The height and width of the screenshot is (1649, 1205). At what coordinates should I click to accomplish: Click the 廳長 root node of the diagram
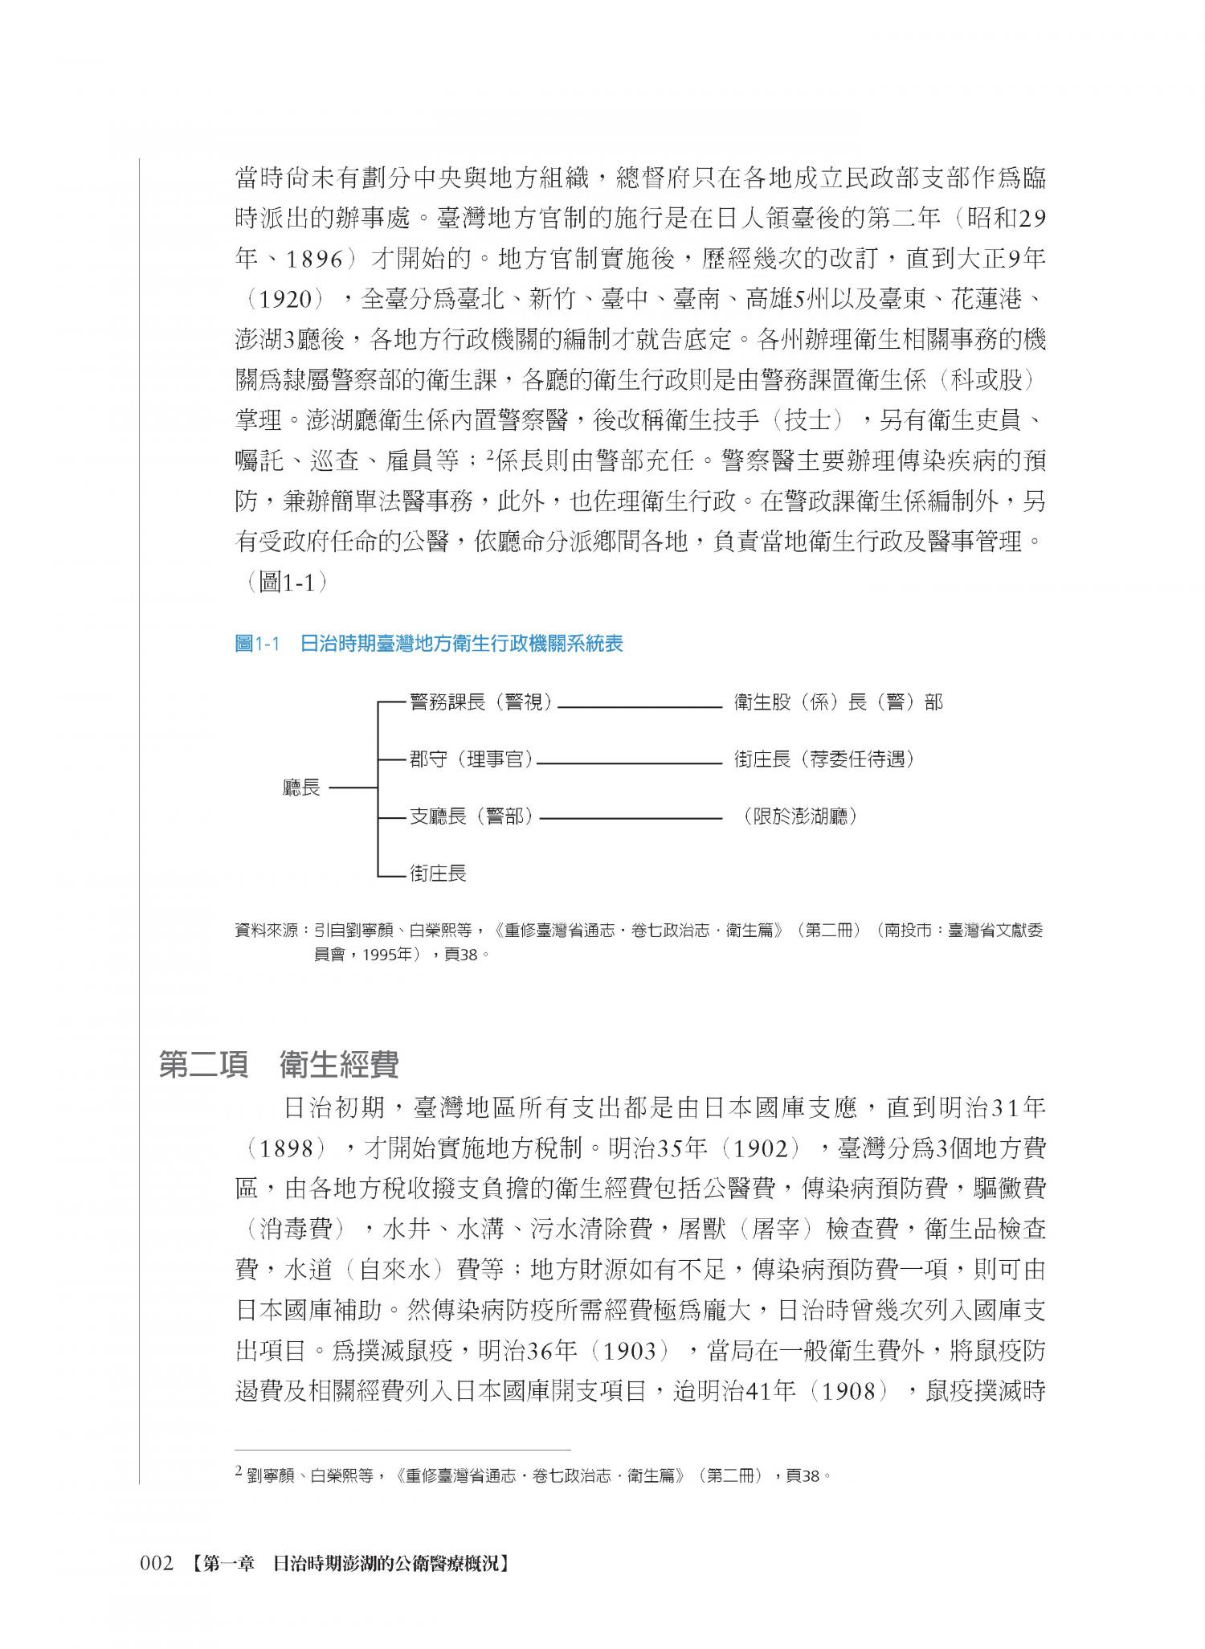pos(301,788)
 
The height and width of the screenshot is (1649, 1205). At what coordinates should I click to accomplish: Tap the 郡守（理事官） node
pos(472,759)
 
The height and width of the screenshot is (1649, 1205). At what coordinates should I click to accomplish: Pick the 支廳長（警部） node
pos(472,817)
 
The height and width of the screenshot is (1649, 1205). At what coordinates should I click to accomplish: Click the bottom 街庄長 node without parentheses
pos(438,874)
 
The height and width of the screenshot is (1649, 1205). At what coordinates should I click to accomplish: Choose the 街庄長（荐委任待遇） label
pos(824,759)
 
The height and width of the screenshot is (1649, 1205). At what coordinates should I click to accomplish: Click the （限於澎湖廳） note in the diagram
pos(800,817)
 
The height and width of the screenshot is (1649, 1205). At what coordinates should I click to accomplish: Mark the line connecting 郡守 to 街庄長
pos(629,764)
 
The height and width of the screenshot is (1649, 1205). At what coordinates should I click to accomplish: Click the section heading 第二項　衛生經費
pos(279,1066)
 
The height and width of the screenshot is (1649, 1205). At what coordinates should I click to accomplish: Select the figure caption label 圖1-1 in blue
pos(256,644)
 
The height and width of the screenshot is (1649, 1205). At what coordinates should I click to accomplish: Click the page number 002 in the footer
pos(157,1564)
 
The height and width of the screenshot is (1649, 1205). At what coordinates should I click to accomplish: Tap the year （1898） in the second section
pos(286,1148)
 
